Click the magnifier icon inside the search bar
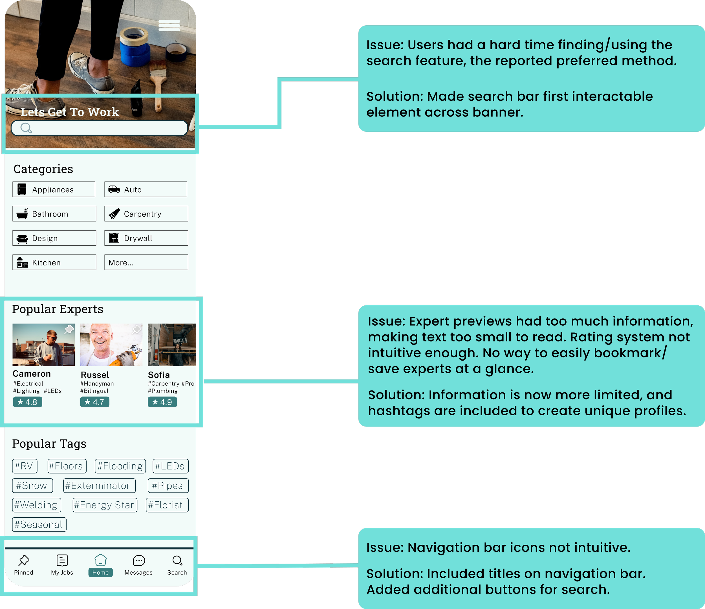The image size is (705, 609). pyautogui.click(x=26, y=128)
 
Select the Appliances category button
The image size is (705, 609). pyautogui.click(x=54, y=189)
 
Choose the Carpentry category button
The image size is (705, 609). pyautogui.click(x=146, y=214)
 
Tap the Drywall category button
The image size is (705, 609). pyautogui.click(x=146, y=238)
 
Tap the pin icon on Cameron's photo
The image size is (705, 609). pyautogui.click(x=69, y=329)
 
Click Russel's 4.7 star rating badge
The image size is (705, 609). pyautogui.click(x=94, y=402)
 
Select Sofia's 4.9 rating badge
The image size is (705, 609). pyautogui.click(x=162, y=402)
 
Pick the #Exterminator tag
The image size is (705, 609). pyautogui.click(x=99, y=486)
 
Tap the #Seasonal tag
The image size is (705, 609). pyautogui.click(x=39, y=525)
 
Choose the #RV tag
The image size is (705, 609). pyautogui.click(x=25, y=466)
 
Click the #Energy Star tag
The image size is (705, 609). pyautogui.click(x=105, y=505)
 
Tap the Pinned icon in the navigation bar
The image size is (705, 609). pyautogui.click(x=24, y=560)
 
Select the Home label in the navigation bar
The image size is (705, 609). pyautogui.click(x=100, y=573)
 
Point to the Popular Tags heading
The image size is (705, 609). pyautogui.click(x=49, y=444)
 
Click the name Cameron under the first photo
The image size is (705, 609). pyautogui.click(x=32, y=374)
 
